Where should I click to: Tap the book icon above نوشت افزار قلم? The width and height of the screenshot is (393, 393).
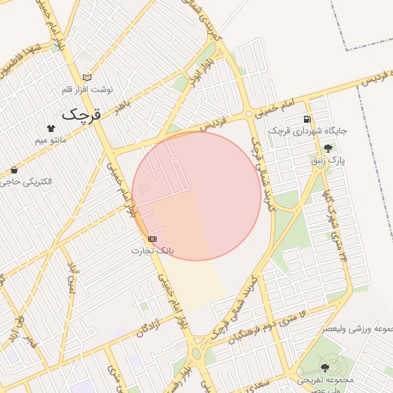87,77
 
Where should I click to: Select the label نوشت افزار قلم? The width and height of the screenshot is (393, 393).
87,89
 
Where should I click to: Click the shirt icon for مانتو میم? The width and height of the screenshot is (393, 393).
51,129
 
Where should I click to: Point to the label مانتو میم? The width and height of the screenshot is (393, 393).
51,141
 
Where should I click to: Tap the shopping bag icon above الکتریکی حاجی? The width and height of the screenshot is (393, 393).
14,170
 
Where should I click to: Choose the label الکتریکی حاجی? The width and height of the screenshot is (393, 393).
27,182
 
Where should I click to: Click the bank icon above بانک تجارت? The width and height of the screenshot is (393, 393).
153,239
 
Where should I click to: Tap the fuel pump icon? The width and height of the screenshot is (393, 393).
307,119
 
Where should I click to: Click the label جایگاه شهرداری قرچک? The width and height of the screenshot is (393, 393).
308,131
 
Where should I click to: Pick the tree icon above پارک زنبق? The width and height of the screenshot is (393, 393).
329,148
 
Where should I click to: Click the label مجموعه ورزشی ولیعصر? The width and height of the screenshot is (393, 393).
357,329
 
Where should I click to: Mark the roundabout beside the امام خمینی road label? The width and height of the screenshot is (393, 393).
249,114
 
